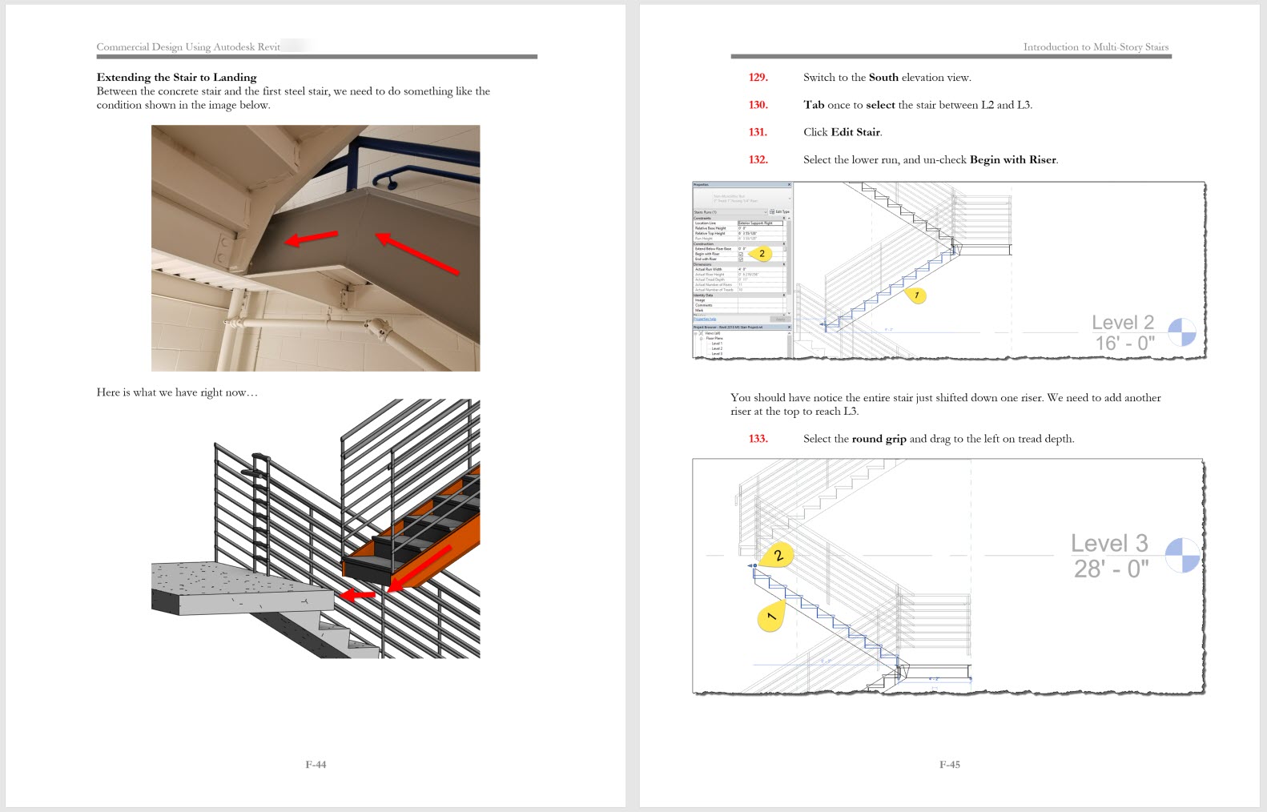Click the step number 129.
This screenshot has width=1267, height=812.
click(758, 78)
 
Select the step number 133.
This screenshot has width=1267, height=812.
click(758, 439)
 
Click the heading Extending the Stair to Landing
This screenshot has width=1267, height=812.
click(176, 78)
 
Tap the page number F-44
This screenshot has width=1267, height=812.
click(316, 765)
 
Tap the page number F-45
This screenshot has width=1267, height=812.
click(949, 765)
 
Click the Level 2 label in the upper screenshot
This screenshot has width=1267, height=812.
click(1122, 323)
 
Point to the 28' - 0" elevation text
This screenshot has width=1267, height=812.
click(1111, 569)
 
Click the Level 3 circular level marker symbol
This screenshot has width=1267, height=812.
click(1182, 555)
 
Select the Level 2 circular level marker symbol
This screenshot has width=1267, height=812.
click(1182, 332)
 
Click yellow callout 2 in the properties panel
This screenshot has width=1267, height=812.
click(761, 254)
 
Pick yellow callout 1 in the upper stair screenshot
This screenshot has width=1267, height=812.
click(916, 295)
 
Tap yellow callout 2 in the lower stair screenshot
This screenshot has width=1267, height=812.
click(777, 555)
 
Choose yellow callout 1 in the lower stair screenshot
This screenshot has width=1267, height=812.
click(770, 617)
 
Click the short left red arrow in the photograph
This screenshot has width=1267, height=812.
click(312, 239)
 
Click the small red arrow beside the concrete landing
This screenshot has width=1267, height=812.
click(356, 595)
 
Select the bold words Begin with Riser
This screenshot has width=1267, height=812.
click(1012, 160)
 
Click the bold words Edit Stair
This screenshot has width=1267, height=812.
click(855, 132)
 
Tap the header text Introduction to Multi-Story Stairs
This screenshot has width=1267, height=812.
click(1095, 47)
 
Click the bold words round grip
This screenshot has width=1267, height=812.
click(879, 439)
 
